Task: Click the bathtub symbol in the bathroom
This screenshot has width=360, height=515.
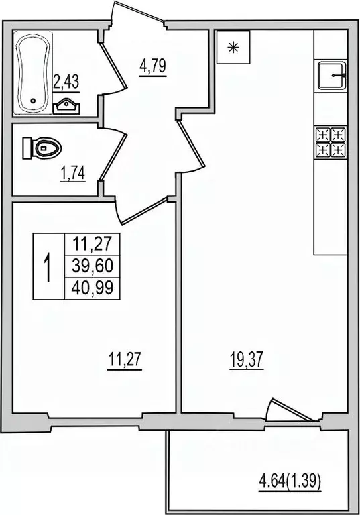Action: coord(32,72)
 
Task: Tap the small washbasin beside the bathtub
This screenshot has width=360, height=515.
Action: coord(67,105)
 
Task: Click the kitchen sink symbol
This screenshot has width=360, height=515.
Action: coord(332,76)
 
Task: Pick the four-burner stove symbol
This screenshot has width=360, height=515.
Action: coord(331,141)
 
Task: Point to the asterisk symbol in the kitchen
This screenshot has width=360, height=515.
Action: coord(233,47)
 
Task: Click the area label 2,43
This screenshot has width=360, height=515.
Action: coord(66,82)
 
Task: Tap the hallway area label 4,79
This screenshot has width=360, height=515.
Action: coord(152,66)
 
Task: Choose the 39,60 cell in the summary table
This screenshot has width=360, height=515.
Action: coord(92,266)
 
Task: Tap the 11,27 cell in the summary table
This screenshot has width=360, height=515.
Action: coord(92,243)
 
